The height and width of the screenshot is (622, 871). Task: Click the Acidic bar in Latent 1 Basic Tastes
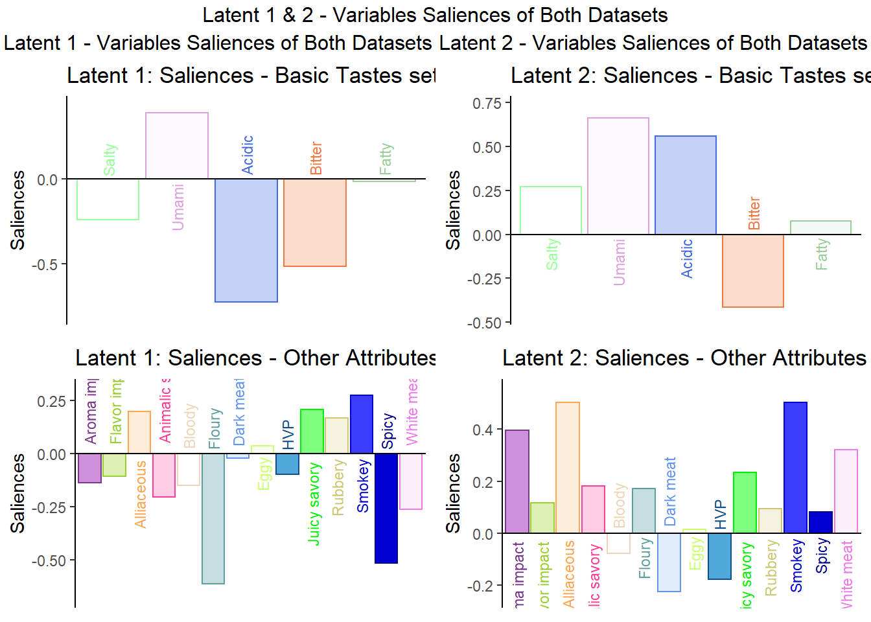[x=246, y=240]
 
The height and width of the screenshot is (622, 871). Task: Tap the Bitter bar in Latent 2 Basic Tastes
[x=753, y=271]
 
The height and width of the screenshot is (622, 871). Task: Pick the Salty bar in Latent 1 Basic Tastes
[x=108, y=199]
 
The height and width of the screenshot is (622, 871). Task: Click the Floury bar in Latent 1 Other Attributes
[x=213, y=518]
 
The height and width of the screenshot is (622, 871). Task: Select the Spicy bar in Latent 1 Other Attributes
[x=386, y=508]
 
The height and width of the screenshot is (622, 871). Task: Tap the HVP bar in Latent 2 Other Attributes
[x=719, y=556]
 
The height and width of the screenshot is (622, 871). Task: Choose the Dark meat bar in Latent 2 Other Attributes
[x=669, y=562]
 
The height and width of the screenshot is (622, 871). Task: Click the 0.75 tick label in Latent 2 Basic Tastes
[x=487, y=104]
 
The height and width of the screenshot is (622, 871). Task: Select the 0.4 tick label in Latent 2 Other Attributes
[x=483, y=430]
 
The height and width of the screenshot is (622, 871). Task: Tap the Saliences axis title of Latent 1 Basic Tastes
[x=17, y=210]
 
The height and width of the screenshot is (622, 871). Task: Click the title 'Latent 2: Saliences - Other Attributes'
[x=684, y=358]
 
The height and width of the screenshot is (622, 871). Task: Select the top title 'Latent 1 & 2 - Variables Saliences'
[x=435, y=15]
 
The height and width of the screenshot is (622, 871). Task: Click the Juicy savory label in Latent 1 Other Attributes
[x=314, y=503]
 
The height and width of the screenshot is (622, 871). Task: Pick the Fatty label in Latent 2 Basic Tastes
[x=822, y=254]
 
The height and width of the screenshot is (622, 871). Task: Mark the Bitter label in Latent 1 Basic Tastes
[x=316, y=158]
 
